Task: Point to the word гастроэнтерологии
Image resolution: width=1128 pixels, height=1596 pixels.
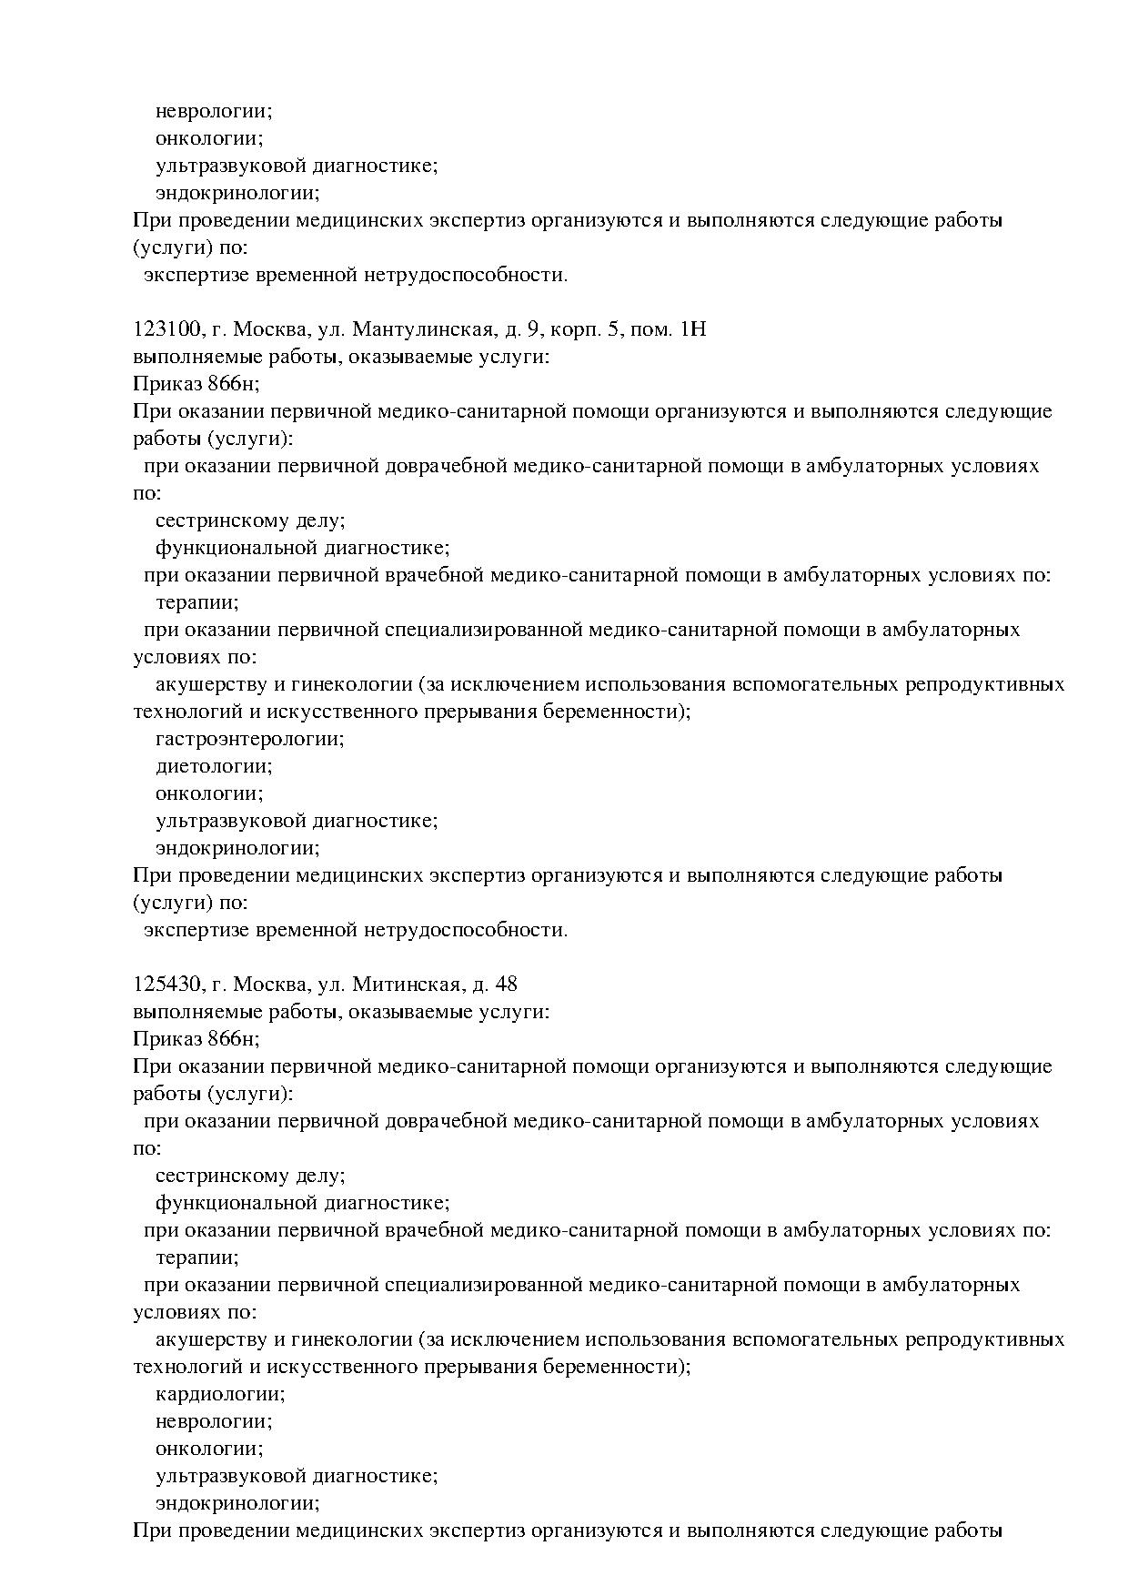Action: (x=250, y=739)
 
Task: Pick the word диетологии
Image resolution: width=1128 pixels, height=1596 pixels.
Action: (x=214, y=766)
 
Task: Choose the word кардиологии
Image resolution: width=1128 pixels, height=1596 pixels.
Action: (x=220, y=1394)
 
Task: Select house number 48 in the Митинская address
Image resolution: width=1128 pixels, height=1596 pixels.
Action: (x=507, y=985)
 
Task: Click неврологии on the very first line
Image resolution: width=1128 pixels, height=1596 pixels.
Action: (x=214, y=111)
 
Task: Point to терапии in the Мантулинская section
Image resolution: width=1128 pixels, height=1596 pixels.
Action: (x=197, y=602)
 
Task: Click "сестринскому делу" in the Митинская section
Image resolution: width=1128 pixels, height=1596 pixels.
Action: (x=250, y=1176)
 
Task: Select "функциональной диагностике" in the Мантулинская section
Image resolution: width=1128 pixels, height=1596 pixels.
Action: (x=302, y=548)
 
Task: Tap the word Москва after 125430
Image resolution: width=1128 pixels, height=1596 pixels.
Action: (x=265, y=985)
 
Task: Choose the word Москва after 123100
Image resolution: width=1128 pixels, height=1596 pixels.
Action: (x=265, y=329)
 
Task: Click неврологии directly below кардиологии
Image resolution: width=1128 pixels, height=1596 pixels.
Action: (x=214, y=1421)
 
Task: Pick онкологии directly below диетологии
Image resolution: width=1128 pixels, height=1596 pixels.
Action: (x=209, y=793)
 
